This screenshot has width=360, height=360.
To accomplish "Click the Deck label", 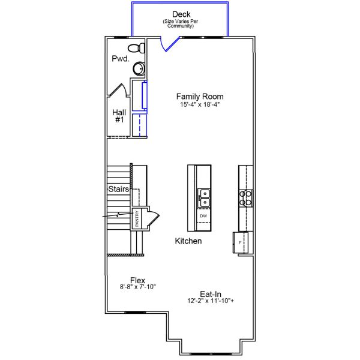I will (x=181, y=14).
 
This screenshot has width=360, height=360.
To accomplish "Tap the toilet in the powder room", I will (x=137, y=48).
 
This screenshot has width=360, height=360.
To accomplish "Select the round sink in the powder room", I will (x=139, y=68).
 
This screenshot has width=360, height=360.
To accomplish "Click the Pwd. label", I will (x=120, y=59).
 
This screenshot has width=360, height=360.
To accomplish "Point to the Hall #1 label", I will (x=118, y=116).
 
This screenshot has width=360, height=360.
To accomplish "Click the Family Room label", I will (x=200, y=96).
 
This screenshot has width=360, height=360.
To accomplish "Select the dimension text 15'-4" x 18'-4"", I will (x=200, y=104).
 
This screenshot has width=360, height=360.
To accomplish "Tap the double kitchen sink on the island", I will (x=203, y=197).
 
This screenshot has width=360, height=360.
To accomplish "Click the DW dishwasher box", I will (x=203, y=215).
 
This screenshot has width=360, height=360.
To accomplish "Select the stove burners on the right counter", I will (x=246, y=197).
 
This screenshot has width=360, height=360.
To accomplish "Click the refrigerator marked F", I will (x=240, y=242).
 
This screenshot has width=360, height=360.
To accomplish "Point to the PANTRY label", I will (x=137, y=218).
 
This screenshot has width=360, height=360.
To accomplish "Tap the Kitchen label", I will (x=188, y=241).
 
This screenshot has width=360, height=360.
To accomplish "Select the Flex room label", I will (x=138, y=280).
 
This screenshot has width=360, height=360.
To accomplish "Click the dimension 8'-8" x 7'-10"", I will (x=138, y=287).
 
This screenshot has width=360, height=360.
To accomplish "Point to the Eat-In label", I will (x=211, y=294).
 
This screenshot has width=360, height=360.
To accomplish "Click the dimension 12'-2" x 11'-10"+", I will (x=211, y=302).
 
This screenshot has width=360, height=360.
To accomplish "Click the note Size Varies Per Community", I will (x=181, y=24).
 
